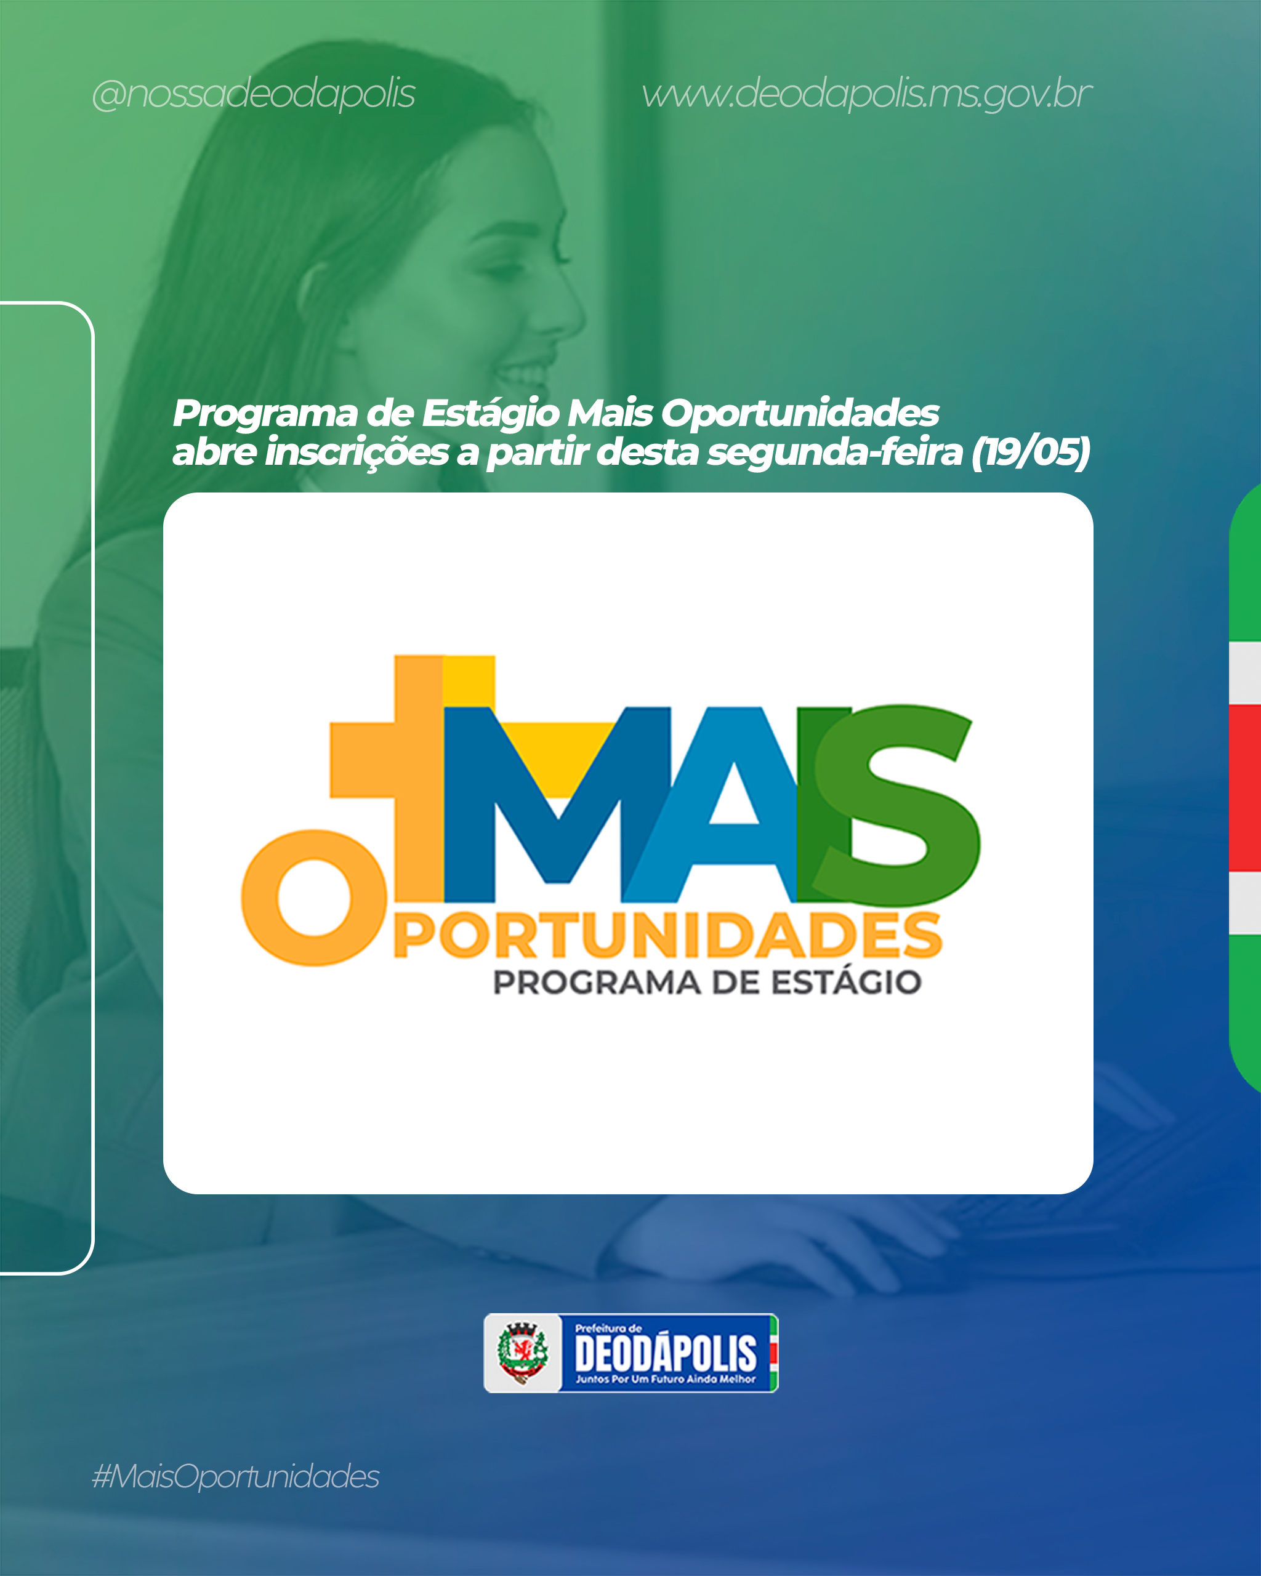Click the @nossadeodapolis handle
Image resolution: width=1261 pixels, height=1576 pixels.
[254, 94]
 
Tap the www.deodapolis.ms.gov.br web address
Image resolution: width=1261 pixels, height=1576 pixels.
[867, 94]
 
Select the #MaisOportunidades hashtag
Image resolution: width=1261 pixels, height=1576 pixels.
[235, 1477]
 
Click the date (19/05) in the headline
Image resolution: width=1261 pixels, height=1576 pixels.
[1030, 451]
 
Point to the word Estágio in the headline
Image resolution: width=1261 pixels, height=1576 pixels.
[491, 414]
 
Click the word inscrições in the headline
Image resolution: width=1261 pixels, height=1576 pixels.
[357, 452]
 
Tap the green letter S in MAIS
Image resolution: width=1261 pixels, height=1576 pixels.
[898, 805]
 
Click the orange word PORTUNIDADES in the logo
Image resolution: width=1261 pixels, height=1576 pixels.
[667, 935]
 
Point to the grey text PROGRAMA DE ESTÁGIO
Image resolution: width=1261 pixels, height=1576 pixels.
[707, 983]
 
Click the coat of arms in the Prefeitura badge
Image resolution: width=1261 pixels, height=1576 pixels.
[522, 1353]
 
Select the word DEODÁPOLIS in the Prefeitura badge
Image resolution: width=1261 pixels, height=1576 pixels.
[665, 1353]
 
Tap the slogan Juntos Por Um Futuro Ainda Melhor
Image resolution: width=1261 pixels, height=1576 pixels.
[665, 1380]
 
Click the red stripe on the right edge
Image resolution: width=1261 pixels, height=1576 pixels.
[1246, 788]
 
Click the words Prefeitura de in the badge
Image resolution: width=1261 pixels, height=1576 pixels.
[608, 1328]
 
